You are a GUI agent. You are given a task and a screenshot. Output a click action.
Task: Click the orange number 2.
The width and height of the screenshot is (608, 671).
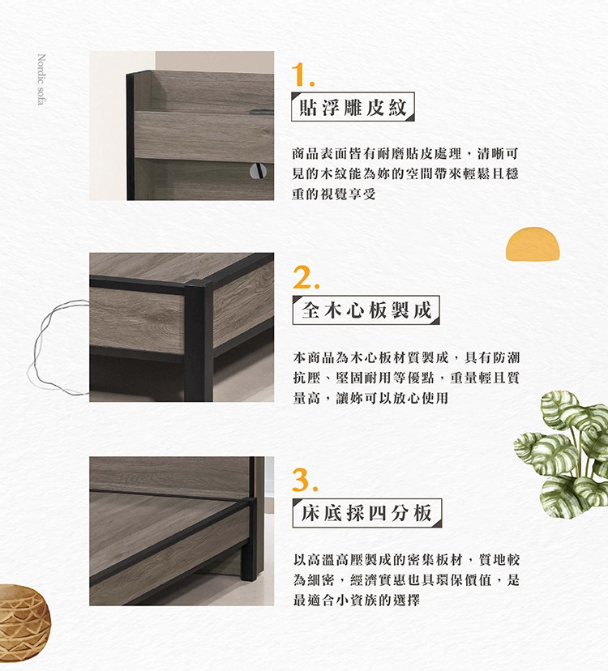(x=306, y=277)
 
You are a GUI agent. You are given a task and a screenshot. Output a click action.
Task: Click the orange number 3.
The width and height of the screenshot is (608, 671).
(x=306, y=480)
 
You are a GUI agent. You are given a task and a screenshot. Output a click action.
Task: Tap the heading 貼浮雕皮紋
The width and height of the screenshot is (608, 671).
(x=353, y=107)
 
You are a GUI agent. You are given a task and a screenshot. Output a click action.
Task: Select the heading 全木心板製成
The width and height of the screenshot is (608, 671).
(x=366, y=310)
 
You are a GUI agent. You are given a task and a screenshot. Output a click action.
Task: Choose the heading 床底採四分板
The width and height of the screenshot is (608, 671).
(x=367, y=513)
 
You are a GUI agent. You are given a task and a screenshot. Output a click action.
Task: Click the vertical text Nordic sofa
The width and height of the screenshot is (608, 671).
(x=41, y=79)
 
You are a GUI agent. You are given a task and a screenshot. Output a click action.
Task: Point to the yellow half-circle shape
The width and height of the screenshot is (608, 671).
(x=533, y=244)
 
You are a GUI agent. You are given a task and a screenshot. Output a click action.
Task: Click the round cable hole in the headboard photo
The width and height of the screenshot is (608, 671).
(x=258, y=171)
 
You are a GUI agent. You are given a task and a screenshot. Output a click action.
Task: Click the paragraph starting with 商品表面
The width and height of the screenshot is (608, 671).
(x=405, y=173)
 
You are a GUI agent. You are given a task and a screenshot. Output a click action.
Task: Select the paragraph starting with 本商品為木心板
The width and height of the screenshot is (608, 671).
(x=406, y=378)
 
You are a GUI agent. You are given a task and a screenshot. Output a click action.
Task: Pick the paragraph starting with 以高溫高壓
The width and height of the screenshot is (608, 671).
(x=406, y=580)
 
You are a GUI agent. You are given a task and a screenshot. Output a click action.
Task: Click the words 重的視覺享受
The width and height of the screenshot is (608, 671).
(x=334, y=194)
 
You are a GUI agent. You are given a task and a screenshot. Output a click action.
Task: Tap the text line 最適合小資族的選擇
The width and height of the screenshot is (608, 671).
(x=356, y=600)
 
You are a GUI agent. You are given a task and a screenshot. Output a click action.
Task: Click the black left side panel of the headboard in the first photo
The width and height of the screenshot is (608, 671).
(x=131, y=136)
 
